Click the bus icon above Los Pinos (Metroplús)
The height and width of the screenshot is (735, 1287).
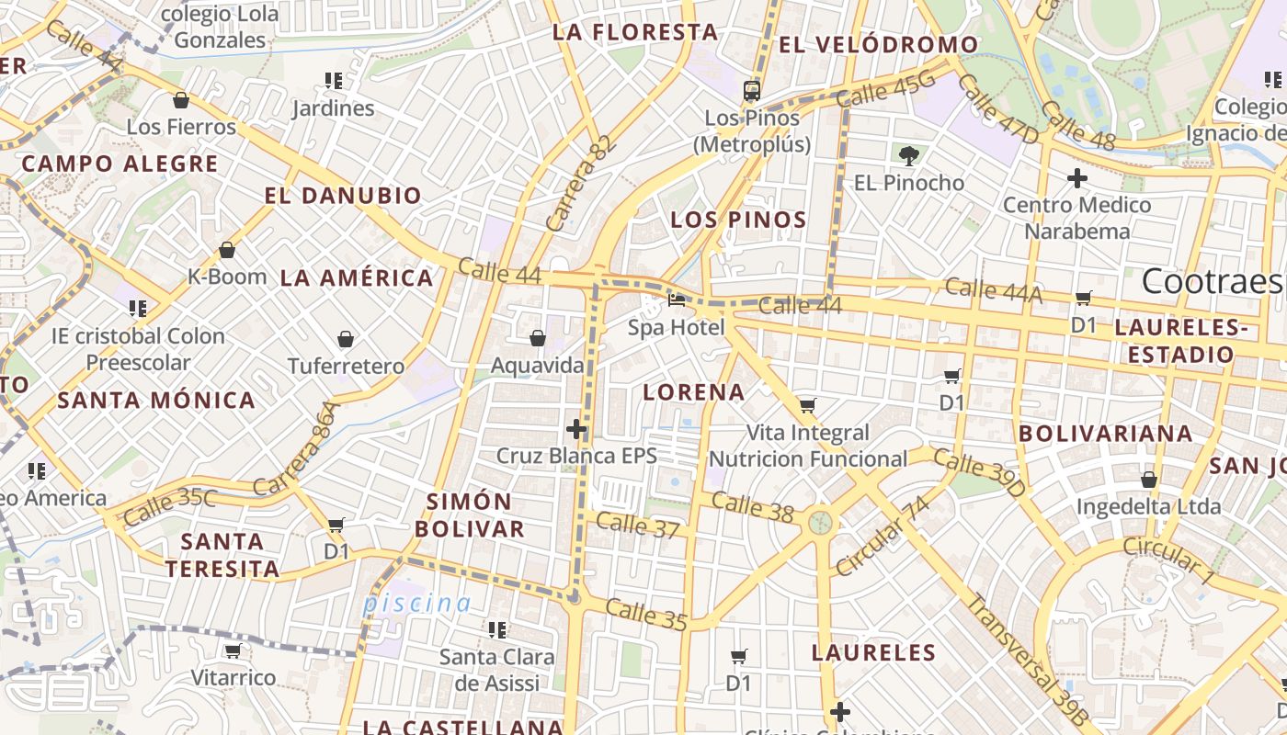pyautogui.click(x=752, y=90)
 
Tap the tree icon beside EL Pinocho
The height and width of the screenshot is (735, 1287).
pyautogui.click(x=909, y=155)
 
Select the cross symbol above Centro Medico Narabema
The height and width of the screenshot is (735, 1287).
pyautogui.click(x=1076, y=177)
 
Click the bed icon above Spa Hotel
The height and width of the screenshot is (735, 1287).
pyautogui.click(x=677, y=300)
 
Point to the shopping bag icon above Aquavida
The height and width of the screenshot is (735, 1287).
pyautogui.click(x=538, y=338)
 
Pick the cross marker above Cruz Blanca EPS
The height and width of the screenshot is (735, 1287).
pyautogui.click(x=576, y=429)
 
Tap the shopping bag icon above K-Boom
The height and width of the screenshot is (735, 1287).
pyautogui.click(x=226, y=249)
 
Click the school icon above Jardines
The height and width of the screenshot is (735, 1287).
pyautogui.click(x=333, y=81)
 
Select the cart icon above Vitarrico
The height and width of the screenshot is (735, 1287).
pyautogui.click(x=233, y=650)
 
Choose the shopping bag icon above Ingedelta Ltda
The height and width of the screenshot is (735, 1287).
pyautogui.click(x=1148, y=480)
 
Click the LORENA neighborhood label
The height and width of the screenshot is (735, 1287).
pyautogui.click(x=693, y=392)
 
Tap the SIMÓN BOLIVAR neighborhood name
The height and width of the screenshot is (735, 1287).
pyautogui.click(x=469, y=514)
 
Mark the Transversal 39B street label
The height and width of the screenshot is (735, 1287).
pyautogui.click(x=1029, y=660)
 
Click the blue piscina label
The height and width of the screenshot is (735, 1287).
pyautogui.click(x=416, y=604)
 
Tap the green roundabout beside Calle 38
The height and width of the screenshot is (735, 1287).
pyautogui.click(x=820, y=523)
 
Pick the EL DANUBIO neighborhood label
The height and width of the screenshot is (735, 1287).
pyautogui.click(x=343, y=196)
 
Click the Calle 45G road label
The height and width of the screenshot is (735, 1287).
pyautogui.click(x=886, y=91)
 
